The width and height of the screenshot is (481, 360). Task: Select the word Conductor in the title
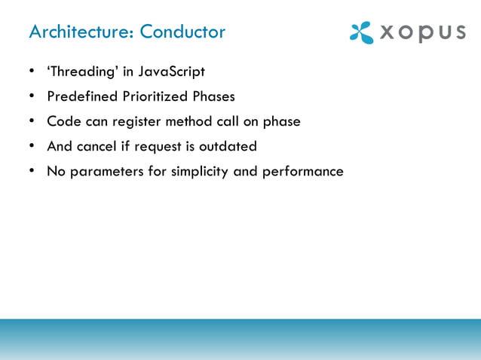(x=183, y=32)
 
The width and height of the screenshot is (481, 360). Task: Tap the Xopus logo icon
(x=361, y=32)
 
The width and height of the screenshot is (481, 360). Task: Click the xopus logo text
(x=422, y=33)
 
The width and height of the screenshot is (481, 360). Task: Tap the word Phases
(x=212, y=97)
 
